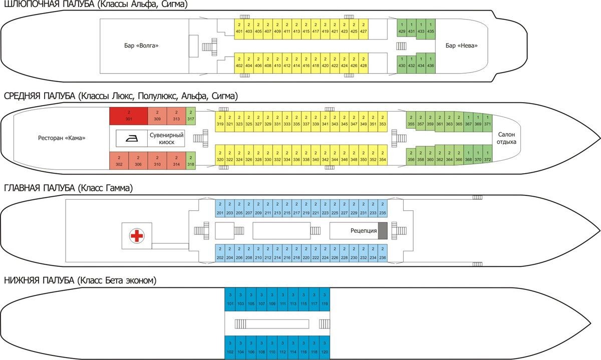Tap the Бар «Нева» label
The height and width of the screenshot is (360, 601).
click(461, 46)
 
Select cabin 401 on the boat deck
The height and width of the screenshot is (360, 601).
click(239, 29)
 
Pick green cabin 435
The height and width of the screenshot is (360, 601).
click(430, 29)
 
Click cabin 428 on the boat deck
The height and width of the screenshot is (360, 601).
click(363, 63)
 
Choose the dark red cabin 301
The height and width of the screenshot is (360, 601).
click(129, 116)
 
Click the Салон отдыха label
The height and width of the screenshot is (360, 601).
click(507, 138)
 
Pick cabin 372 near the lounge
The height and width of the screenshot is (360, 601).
click(487, 157)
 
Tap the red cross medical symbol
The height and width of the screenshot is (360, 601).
click(136, 235)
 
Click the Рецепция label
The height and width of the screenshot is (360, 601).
click(363, 231)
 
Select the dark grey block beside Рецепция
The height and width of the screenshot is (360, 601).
click(383, 231)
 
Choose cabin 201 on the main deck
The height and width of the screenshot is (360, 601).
click(220, 210)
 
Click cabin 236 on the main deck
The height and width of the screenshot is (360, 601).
click(382, 255)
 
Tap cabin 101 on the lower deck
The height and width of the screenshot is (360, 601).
click(230, 300)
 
